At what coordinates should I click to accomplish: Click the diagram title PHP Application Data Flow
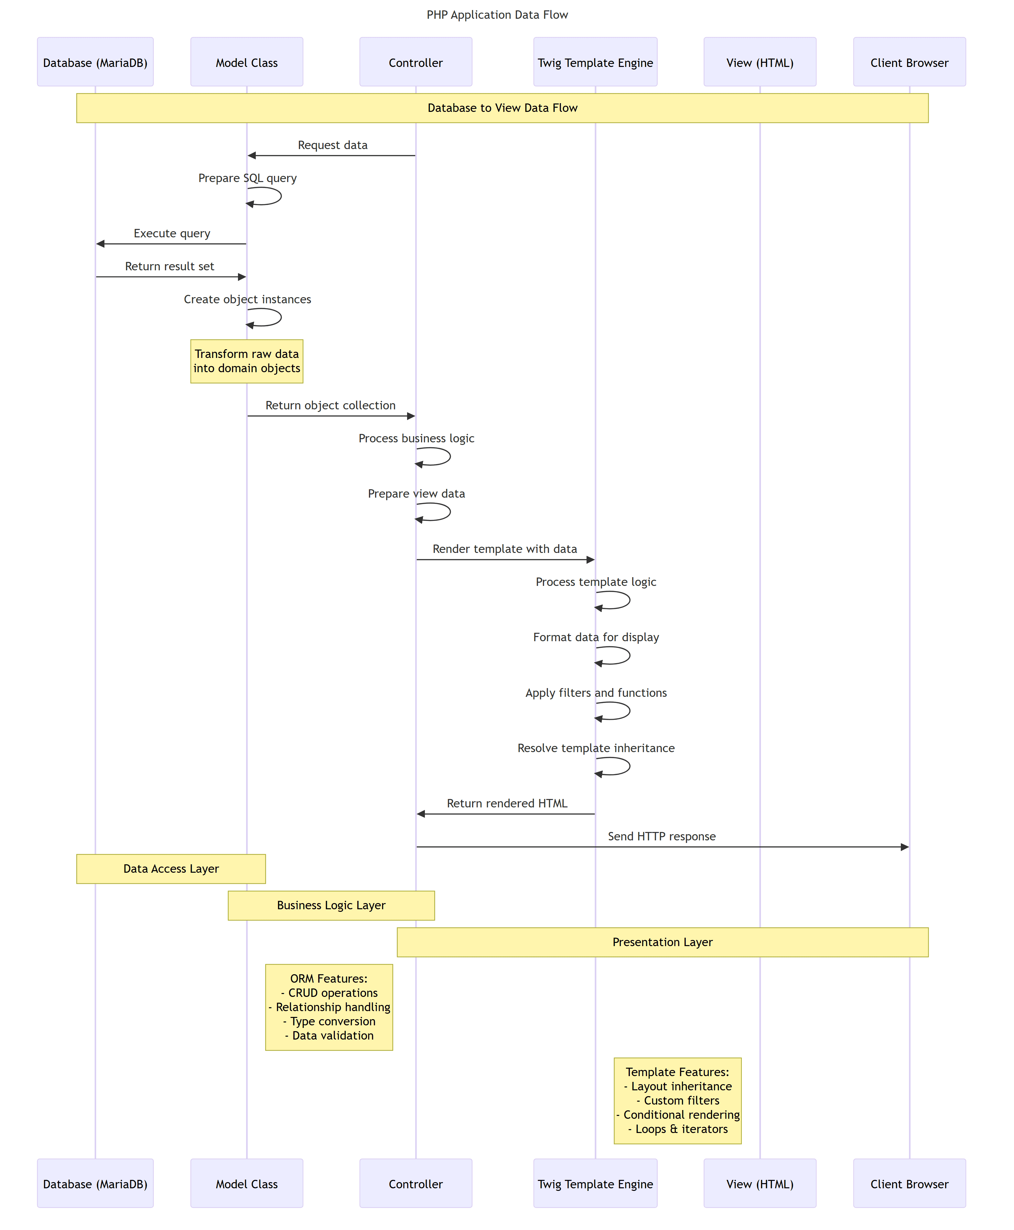(x=497, y=15)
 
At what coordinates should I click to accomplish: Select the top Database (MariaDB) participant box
(x=95, y=62)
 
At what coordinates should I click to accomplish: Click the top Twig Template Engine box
(x=595, y=62)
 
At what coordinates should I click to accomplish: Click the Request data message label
(x=332, y=145)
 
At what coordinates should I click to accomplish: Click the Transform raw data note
(x=246, y=361)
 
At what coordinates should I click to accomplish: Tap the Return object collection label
(x=330, y=405)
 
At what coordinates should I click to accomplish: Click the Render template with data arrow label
(x=505, y=549)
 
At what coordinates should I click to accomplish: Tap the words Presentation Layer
(x=663, y=942)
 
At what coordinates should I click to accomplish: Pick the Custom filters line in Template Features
(x=677, y=1100)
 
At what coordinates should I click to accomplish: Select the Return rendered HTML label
(x=507, y=804)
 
